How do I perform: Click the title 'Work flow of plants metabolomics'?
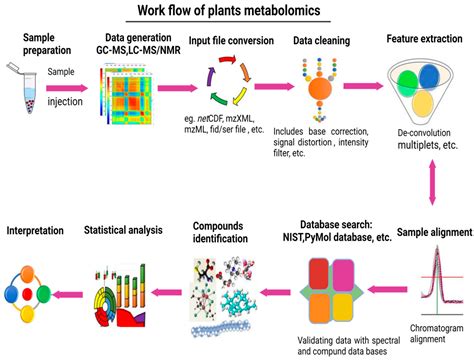click(x=237, y=13)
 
